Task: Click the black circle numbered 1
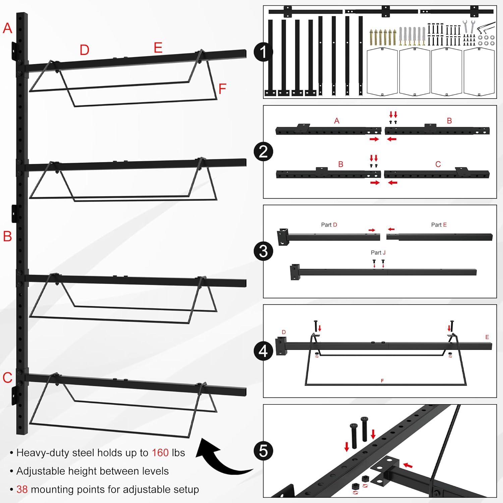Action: (x=263, y=52)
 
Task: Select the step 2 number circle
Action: (x=263, y=152)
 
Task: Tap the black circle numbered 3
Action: (x=263, y=251)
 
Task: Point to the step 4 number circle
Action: (x=263, y=351)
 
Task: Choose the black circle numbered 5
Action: (x=263, y=451)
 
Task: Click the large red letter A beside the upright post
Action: (x=7, y=28)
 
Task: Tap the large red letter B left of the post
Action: (x=7, y=236)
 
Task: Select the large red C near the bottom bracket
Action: (x=7, y=378)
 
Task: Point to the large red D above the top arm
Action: (x=85, y=50)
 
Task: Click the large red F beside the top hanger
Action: (x=222, y=89)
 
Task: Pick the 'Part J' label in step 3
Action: (x=378, y=253)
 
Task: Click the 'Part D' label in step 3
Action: (x=329, y=225)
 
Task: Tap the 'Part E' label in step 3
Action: (x=439, y=225)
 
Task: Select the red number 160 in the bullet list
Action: (x=160, y=453)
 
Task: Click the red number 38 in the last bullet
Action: (x=22, y=489)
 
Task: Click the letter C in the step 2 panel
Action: (x=438, y=164)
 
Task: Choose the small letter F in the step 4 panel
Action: (x=382, y=381)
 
